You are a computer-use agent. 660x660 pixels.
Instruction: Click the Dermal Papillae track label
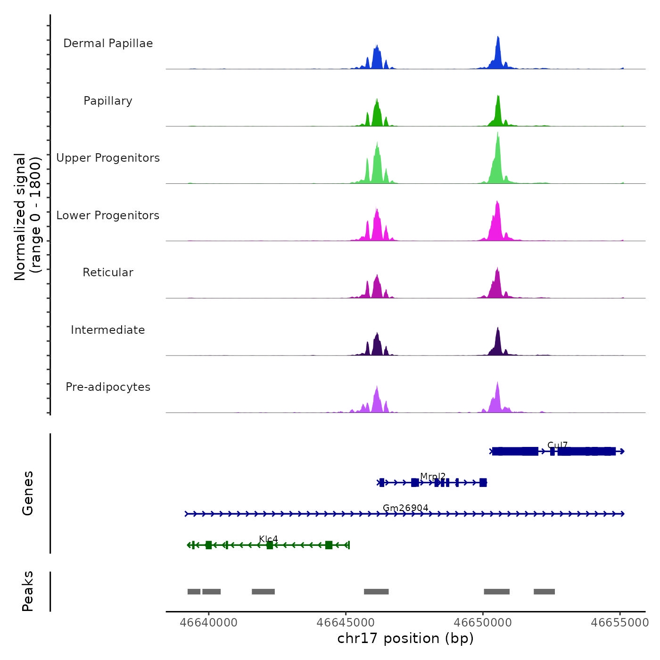point(108,43)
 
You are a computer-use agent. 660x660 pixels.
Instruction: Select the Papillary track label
point(108,101)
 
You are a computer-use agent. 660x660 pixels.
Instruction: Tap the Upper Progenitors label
point(108,158)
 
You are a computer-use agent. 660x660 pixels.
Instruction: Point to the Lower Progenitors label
point(108,215)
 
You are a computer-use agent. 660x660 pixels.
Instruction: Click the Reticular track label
point(108,272)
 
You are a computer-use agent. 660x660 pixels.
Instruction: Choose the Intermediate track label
point(108,330)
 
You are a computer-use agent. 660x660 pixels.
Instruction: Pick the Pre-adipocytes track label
point(108,387)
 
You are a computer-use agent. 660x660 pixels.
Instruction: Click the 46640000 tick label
point(209,623)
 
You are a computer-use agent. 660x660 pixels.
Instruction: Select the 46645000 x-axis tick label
point(346,623)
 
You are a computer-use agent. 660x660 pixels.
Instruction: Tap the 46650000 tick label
point(483,623)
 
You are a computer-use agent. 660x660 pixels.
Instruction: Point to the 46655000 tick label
point(620,623)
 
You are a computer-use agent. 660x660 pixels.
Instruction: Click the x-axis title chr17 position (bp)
point(405,638)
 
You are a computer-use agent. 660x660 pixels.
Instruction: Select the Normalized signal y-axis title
point(27,216)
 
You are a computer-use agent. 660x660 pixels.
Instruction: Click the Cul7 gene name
point(557,445)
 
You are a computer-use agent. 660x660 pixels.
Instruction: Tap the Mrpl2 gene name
point(433,477)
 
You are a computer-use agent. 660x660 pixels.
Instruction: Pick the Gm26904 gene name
point(405,508)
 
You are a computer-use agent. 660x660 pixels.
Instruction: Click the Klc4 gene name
point(268,539)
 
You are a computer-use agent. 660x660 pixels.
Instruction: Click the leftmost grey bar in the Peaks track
point(194,592)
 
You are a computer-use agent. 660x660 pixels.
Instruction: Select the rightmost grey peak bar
point(544,592)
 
